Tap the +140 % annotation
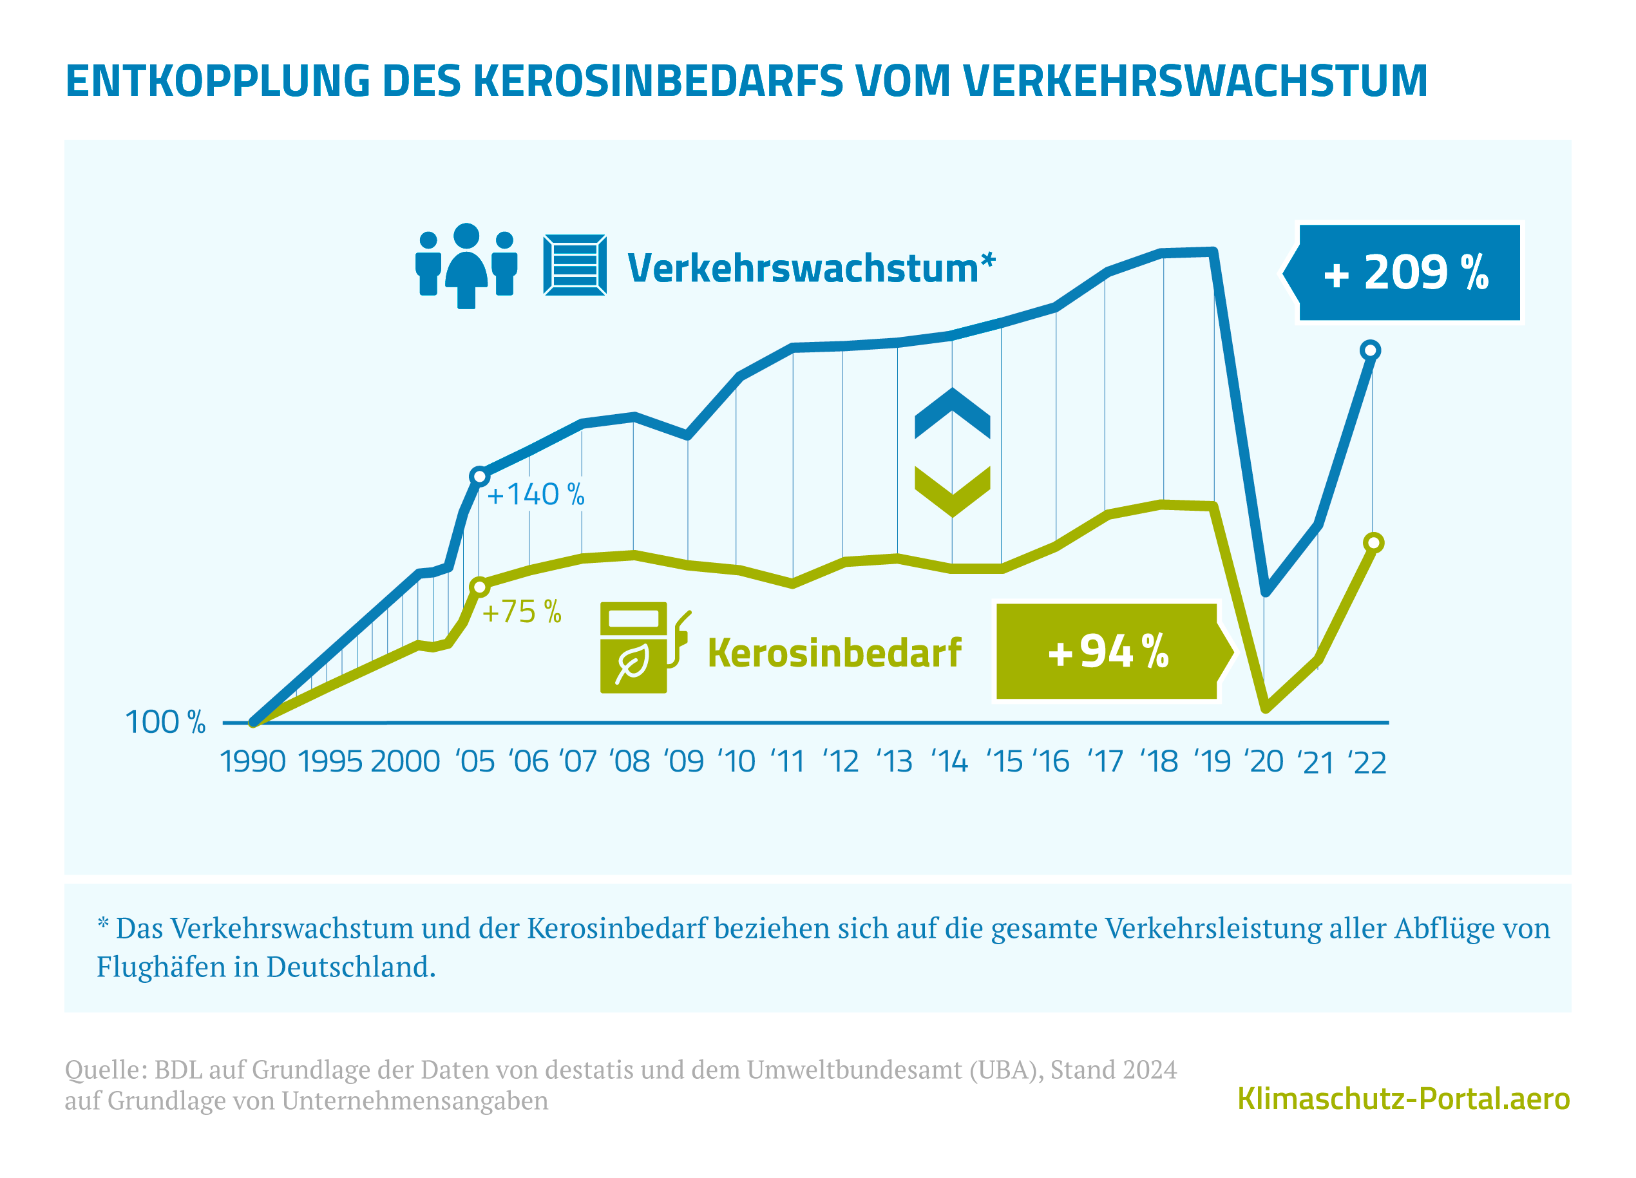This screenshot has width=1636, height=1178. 535,495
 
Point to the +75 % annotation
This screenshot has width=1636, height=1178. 522,612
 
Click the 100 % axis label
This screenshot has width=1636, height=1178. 165,722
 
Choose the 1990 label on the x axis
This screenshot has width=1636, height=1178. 252,762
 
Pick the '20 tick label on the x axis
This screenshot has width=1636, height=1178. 1263,762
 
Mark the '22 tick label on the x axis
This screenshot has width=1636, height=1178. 1367,763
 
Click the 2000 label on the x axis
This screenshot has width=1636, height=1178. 404,762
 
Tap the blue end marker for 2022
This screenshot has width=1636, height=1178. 1370,350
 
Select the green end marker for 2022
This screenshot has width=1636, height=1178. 1374,543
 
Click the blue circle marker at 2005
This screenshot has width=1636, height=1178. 480,476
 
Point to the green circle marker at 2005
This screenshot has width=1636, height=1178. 480,587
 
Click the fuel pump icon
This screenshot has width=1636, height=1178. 642,647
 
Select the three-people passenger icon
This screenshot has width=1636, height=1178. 467,265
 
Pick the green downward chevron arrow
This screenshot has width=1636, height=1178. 952,491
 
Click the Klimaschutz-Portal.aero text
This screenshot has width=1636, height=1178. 1403,1099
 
